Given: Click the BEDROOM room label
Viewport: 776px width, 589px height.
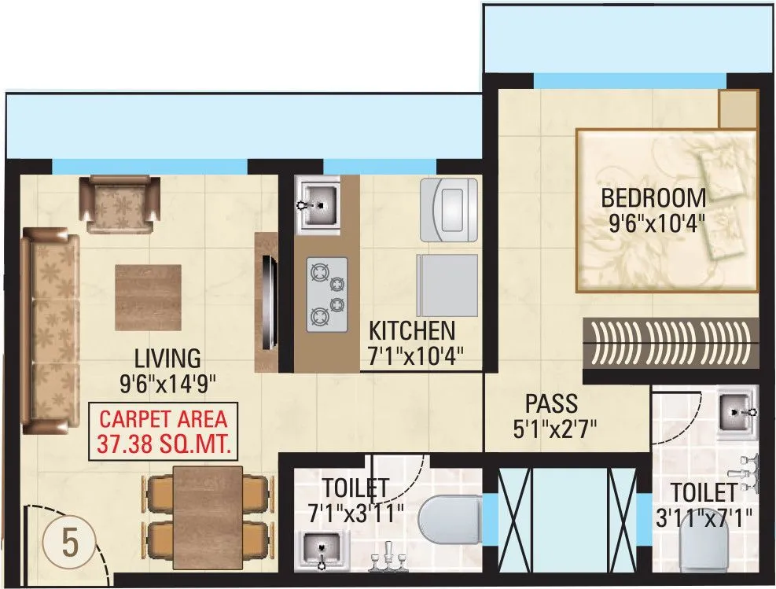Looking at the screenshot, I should click(653, 197).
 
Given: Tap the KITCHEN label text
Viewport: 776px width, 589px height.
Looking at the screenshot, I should click(412, 329).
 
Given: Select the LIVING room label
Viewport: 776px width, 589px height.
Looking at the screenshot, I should click(167, 359).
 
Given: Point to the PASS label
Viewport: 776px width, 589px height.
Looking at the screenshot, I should click(551, 404).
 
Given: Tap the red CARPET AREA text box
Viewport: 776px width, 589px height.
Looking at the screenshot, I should click(164, 432).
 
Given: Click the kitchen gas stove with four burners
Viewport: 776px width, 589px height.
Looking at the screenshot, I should click(326, 293).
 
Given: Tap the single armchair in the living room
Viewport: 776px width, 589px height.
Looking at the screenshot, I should click(123, 204).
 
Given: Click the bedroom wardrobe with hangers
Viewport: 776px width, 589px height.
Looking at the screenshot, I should click(670, 343).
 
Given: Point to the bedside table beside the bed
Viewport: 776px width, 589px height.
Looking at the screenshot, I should click(737, 109).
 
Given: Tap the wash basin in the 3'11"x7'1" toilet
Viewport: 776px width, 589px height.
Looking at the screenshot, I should click(737, 411).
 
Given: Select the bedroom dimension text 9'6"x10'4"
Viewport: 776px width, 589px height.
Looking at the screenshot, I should click(656, 223).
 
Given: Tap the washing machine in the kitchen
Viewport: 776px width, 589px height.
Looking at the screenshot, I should click(449, 208).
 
